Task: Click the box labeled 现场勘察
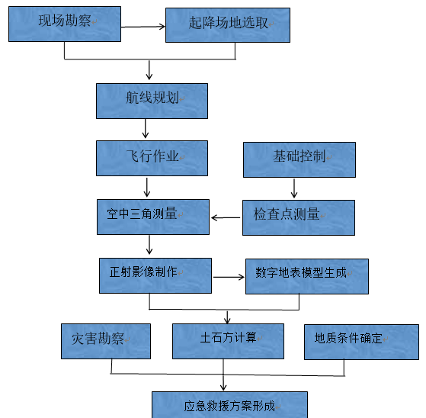click(65, 24)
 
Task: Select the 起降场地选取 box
click(228, 25)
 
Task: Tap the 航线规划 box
click(152, 101)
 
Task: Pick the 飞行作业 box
click(152, 159)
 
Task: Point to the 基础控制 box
click(299, 159)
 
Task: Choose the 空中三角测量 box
click(153, 217)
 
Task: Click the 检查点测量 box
click(299, 217)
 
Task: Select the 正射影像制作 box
click(155, 276)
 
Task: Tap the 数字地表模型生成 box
click(307, 276)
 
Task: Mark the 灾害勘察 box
click(106, 341)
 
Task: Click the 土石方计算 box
click(228, 341)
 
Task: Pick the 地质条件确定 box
click(362, 342)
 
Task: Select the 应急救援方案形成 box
click(229, 405)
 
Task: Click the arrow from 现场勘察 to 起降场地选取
click(143, 27)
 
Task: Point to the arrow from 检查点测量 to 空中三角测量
click(226, 217)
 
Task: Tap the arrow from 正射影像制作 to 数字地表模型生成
click(229, 277)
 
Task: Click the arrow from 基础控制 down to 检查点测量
click(294, 188)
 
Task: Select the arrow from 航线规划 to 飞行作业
click(146, 128)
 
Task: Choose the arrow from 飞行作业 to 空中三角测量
click(147, 188)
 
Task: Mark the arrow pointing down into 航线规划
click(149, 70)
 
